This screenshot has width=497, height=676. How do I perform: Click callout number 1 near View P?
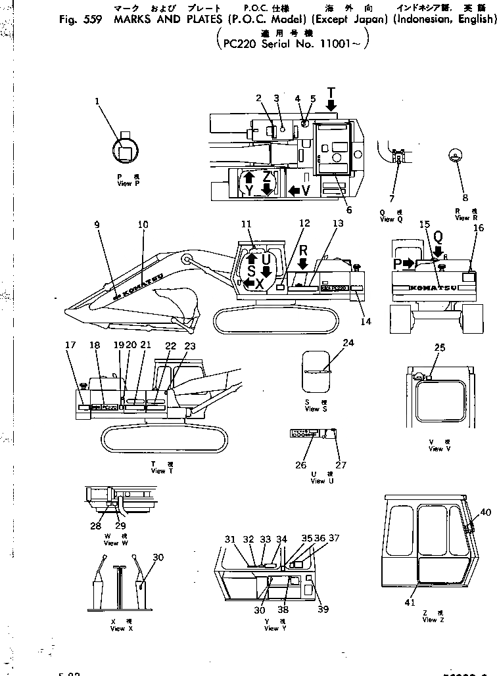(x=97, y=101)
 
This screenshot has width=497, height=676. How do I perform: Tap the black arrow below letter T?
(x=332, y=104)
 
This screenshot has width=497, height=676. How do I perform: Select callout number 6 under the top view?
(x=348, y=210)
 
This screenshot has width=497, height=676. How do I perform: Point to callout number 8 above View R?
(x=465, y=197)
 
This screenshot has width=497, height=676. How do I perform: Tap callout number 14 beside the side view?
(x=366, y=322)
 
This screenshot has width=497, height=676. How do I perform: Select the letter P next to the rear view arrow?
(x=396, y=263)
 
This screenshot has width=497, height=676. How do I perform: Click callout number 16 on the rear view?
(x=479, y=228)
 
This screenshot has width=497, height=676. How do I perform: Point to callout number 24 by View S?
(x=348, y=342)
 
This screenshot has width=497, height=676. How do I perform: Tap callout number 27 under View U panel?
(x=341, y=464)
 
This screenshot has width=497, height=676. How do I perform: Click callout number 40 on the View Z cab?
(x=485, y=512)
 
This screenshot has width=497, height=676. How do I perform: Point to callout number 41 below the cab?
(x=410, y=601)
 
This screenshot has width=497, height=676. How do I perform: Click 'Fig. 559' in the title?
(x=76, y=19)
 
